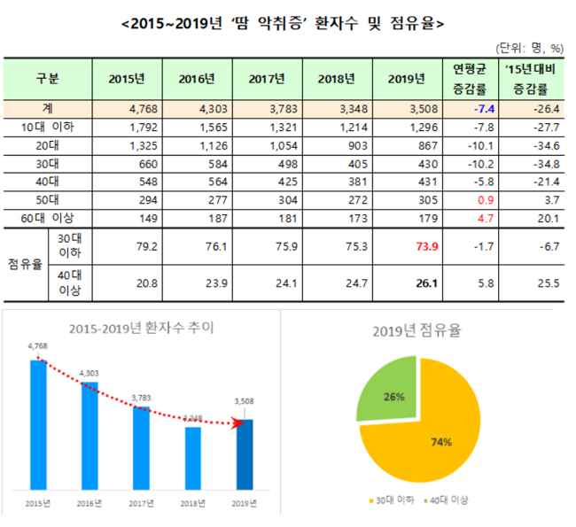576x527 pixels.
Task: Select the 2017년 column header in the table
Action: tap(267, 79)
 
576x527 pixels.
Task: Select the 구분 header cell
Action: tap(48, 79)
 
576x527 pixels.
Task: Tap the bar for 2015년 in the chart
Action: tap(37, 425)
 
